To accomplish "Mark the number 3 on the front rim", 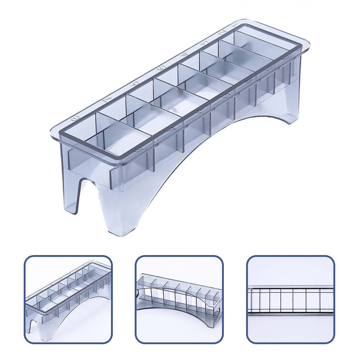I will tap(268, 68).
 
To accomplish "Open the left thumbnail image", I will tap(68, 299).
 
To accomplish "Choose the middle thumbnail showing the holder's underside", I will tap(179, 299).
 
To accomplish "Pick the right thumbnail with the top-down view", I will tap(290, 299).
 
